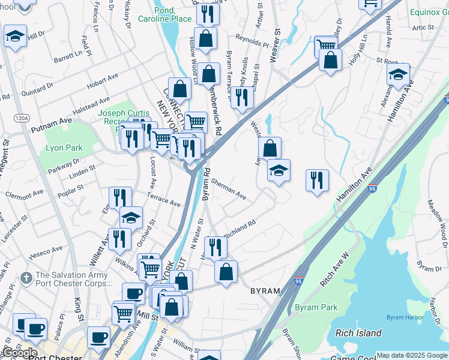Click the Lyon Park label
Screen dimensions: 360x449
[64, 148]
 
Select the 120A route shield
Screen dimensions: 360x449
[22, 118]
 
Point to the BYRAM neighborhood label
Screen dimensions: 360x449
[265, 291]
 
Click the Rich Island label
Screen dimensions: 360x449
[358, 333]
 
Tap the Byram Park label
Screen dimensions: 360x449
[316, 308]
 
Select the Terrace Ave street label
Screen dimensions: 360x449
[164, 200]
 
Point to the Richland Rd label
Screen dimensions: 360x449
[240, 229]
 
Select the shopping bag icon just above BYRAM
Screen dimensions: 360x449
[226, 272]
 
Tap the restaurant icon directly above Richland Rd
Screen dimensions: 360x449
[215, 247]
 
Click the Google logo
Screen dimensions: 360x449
[19, 353]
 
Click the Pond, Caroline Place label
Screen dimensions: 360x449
[173, 15]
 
